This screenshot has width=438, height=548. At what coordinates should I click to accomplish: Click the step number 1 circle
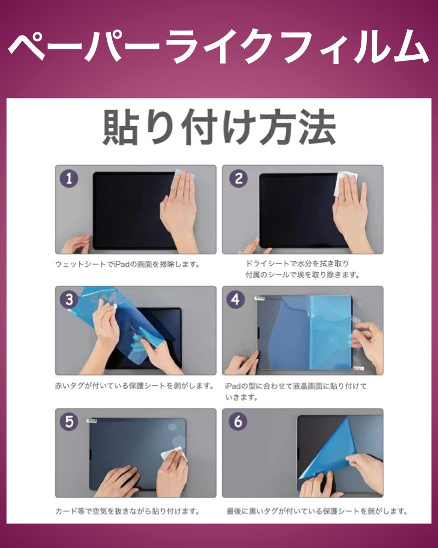tap(69, 178)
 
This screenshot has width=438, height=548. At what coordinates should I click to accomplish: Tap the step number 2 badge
tap(239, 178)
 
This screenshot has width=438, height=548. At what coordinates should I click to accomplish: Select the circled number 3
tap(69, 300)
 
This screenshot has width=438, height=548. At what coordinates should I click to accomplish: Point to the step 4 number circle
tap(235, 300)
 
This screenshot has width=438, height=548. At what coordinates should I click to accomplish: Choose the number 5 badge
tap(69, 421)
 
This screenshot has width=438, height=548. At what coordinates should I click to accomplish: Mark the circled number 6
tap(238, 421)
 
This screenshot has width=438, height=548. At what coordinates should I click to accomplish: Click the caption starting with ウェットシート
tap(128, 265)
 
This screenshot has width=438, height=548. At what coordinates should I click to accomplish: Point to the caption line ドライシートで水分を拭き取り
tap(297, 263)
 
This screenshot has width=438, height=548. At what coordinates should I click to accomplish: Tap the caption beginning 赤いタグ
tap(135, 386)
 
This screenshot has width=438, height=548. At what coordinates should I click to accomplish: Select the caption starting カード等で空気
tap(128, 511)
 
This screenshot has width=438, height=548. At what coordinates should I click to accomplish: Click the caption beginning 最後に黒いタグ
tap(317, 511)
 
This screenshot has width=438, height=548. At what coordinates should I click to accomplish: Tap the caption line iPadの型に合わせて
tap(296, 386)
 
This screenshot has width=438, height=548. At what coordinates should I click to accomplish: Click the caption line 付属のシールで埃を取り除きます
tap(302, 275)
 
